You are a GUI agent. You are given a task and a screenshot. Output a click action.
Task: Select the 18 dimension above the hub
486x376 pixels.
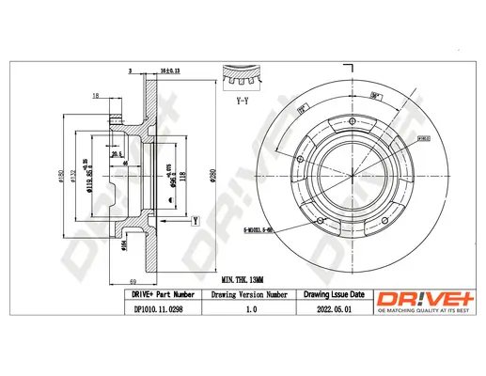[97, 96]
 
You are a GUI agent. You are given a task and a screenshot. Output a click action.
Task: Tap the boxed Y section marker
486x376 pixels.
[195, 221]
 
